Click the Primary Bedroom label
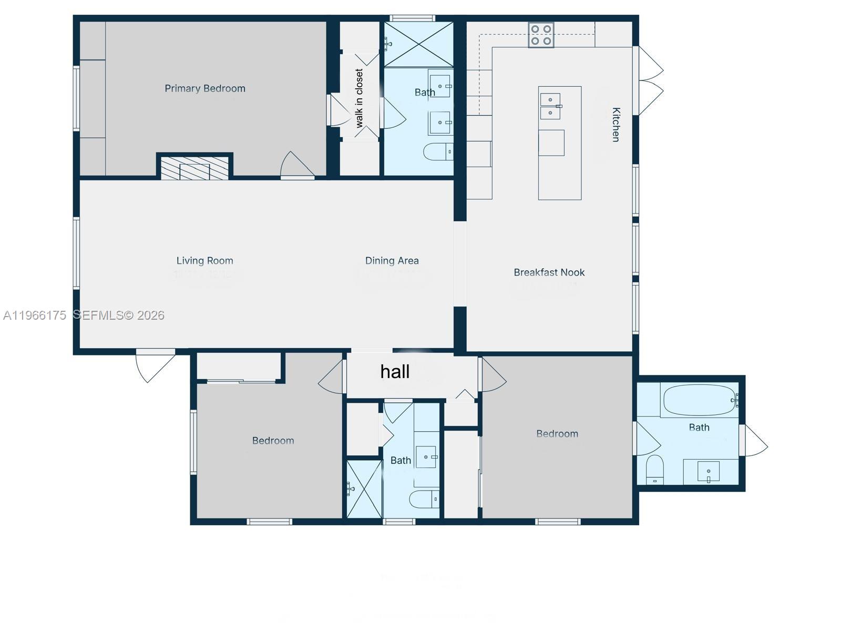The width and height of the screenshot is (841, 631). pyautogui.click(x=205, y=88)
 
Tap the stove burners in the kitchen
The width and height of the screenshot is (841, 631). pyautogui.click(x=541, y=35)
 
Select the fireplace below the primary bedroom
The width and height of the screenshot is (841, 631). pyautogui.click(x=194, y=168)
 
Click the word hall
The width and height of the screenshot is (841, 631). pyautogui.click(x=395, y=372)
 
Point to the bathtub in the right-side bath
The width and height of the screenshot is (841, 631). pyautogui.click(x=698, y=401)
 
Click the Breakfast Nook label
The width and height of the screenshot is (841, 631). pyautogui.click(x=549, y=272)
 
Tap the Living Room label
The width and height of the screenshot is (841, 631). pyautogui.click(x=204, y=260)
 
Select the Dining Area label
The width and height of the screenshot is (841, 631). pyautogui.click(x=392, y=260)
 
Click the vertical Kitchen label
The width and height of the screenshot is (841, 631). pyautogui.click(x=616, y=125)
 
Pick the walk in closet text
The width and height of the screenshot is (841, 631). pyautogui.click(x=360, y=98)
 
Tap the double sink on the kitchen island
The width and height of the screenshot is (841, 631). pyautogui.click(x=550, y=106)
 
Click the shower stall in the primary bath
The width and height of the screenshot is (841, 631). pyautogui.click(x=418, y=44)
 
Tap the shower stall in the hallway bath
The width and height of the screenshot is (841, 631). pyautogui.click(x=364, y=489)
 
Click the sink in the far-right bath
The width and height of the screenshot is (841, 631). pyautogui.click(x=708, y=471)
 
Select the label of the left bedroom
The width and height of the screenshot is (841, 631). pyautogui.click(x=273, y=441)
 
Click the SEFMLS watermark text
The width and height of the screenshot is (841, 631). pyautogui.click(x=118, y=315)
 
